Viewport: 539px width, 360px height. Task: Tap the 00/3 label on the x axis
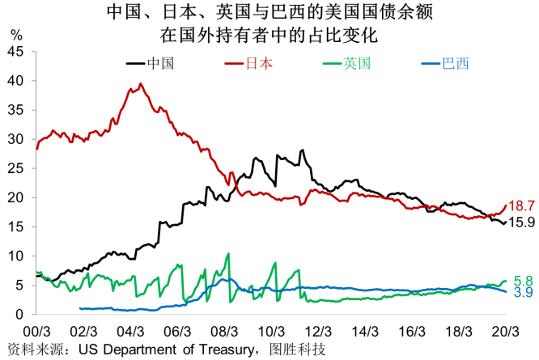pos(37,332)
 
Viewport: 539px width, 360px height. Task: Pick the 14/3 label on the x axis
pos(365,332)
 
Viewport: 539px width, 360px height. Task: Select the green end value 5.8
pos(521,279)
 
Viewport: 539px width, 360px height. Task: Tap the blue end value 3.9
pos(521,292)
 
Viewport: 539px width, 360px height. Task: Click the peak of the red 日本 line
pos(141,84)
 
